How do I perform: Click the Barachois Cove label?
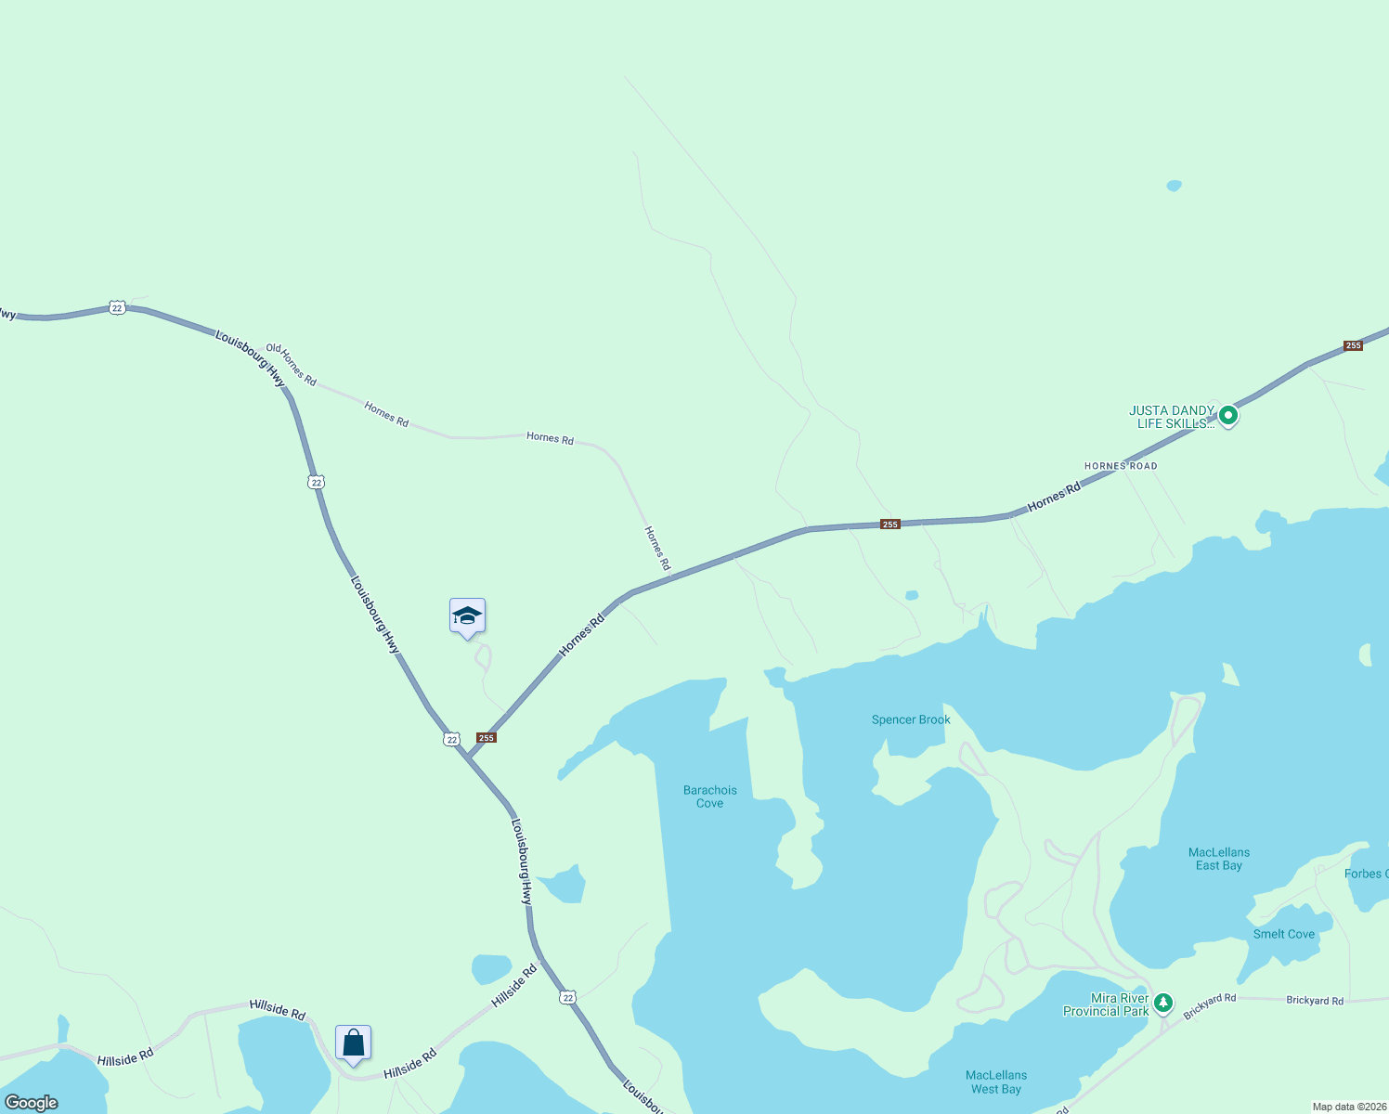[710, 797]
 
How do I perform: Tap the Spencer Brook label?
[911, 719]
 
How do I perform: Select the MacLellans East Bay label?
[1219, 859]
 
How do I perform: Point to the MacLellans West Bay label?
[996, 1082]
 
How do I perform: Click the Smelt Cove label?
[1284, 934]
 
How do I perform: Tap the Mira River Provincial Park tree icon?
[1163, 1004]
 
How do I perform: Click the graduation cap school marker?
[467, 616]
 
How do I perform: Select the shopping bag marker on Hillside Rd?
[354, 1043]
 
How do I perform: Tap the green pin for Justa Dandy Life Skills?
[1228, 415]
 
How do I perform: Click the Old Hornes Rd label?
[292, 365]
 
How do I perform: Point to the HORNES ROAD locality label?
[1121, 466]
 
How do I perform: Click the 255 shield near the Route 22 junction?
[487, 738]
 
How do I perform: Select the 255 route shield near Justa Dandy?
[1353, 346]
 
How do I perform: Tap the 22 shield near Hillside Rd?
[568, 997]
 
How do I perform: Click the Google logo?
[32, 1102]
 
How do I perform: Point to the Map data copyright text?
[1349, 1107]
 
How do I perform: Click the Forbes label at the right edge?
[1366, 874]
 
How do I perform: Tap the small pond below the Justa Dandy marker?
[912, 595]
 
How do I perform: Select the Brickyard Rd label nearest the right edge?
[1315, 1001]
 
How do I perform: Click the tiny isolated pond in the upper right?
[1175, 186]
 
